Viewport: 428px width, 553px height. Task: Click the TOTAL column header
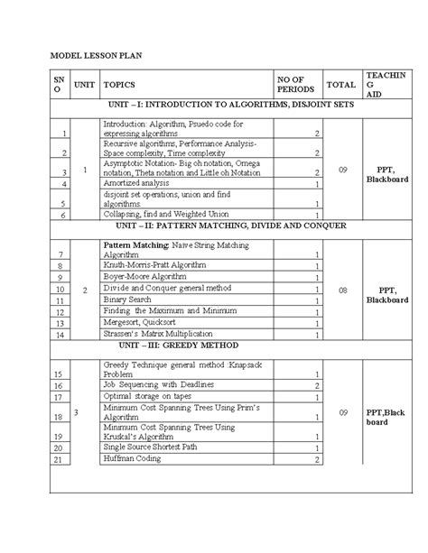tap(341, 85)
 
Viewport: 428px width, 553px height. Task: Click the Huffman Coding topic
tap(133, 458)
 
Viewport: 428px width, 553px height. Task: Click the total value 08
tap(341, 290)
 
